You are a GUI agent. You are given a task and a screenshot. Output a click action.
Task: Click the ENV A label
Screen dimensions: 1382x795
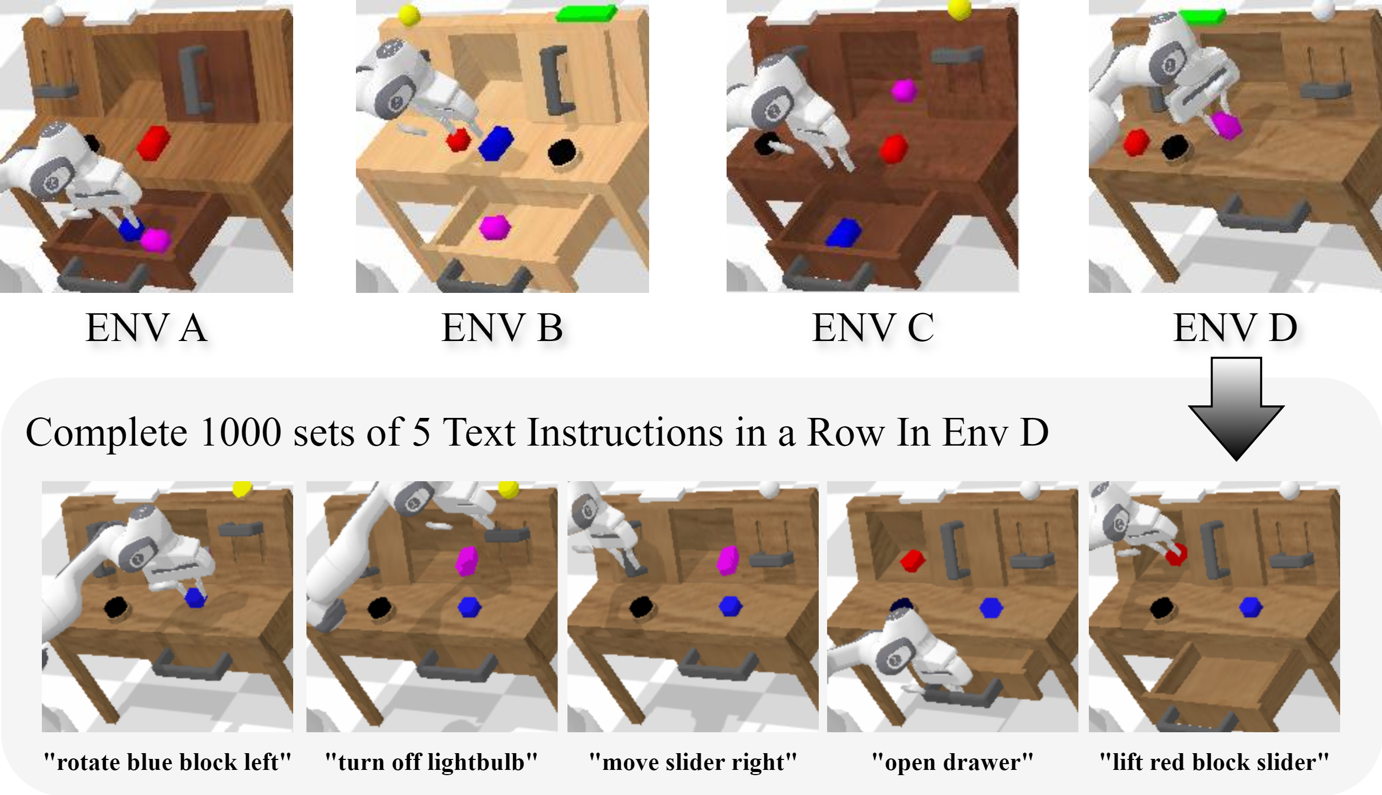point(147,327)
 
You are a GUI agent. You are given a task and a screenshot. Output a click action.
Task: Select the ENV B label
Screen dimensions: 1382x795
point(501,327)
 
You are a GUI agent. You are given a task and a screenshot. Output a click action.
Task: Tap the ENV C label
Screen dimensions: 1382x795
point(873,327)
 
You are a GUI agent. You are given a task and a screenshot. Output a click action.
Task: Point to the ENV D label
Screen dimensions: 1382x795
point(1235,327)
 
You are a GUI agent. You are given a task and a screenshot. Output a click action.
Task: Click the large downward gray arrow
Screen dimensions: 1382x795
point(1236,409)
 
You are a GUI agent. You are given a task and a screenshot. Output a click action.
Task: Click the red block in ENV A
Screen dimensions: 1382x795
point(153,143)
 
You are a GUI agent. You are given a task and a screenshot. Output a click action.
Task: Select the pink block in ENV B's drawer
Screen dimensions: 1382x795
point(495,226)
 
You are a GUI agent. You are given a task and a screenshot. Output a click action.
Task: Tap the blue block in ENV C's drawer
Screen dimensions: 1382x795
point(844,233)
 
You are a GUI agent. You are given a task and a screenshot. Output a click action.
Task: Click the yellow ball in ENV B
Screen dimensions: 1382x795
point(409,15)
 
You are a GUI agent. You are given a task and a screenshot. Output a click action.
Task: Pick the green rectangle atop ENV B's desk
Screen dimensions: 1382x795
point(586,13)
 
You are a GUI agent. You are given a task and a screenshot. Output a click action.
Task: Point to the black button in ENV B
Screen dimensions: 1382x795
point(563,151)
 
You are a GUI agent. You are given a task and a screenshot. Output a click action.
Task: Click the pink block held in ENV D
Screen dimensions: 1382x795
point(1226,126)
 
